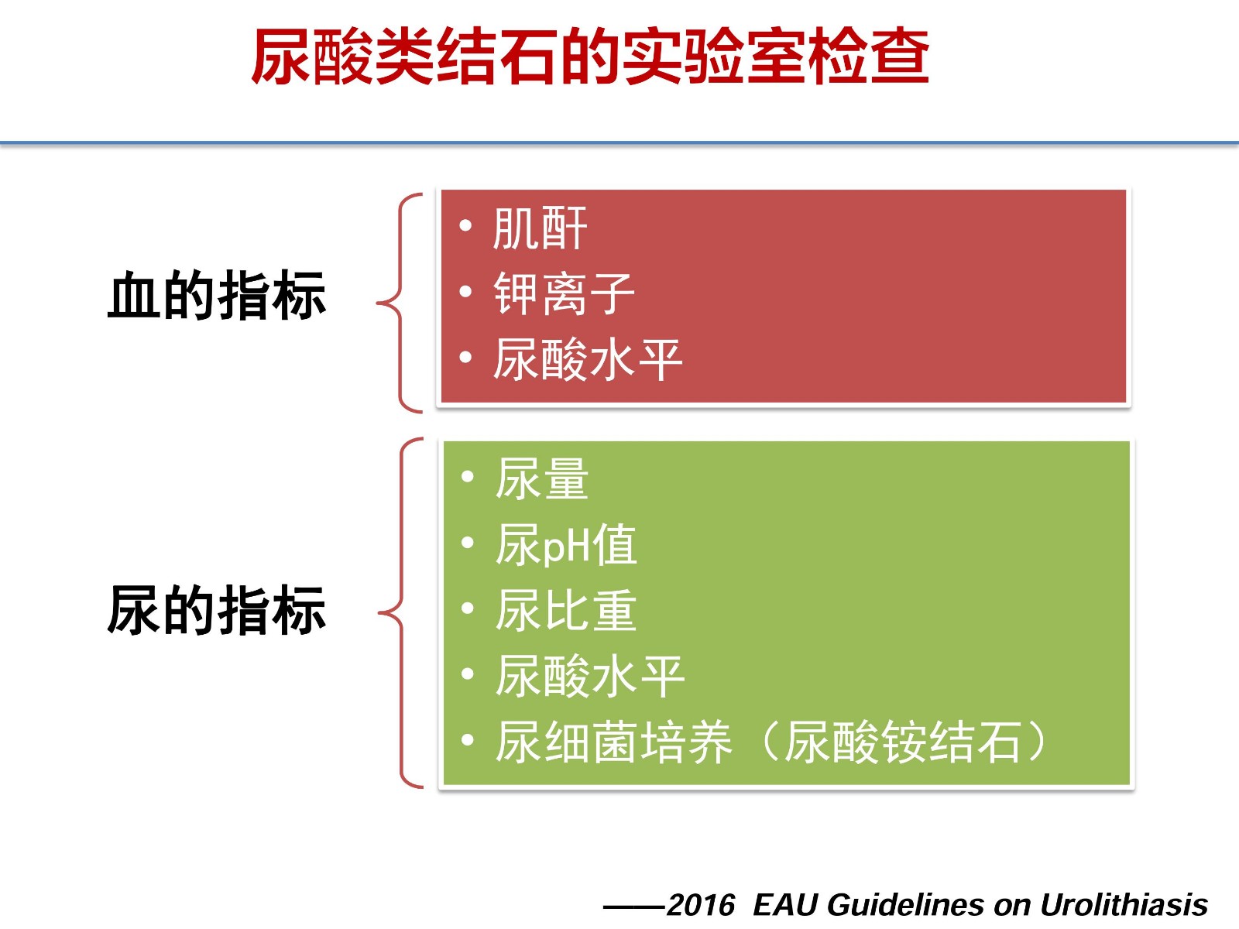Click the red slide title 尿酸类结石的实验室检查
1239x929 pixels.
pyautogui.click(x=590, y=57)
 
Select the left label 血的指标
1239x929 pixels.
pyautogui.click(x=217, y=295)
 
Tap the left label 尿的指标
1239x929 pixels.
pyautogui.click(x=217, y=610)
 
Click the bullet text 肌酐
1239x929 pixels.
pyautogui.click(x=541, y=228)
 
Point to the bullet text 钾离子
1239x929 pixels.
pyautogui.click(x=564, y=293)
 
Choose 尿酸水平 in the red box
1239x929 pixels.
pyautogui.click(x=588, y=359)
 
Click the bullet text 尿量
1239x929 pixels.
pyautogui.click(x=542, y=479)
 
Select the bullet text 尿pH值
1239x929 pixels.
pyautogui.click(x=565, y=544)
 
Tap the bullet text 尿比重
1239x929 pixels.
pyautogui.click(x=565, y=610)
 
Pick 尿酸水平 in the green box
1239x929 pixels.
pyautogui.click(x=590, y=676)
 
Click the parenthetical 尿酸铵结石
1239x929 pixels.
pyautogui.click(x=901, y=742)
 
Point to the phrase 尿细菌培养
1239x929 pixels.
pyautogui.click(x=613, y=742)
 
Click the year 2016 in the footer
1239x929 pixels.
pyautogui.click(x=701, y=905)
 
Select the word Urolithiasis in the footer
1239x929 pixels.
pyautogui.click(x=1124, y=905)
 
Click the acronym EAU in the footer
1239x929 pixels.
pyautogui.click(x=786, y=905)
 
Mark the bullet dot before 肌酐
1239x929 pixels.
pyautogui.click(x=465, y=225)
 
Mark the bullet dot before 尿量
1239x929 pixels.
pyautogui.click(x=468, y=477)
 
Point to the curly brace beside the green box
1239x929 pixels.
pyautogui.click(x=402, y=612)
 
